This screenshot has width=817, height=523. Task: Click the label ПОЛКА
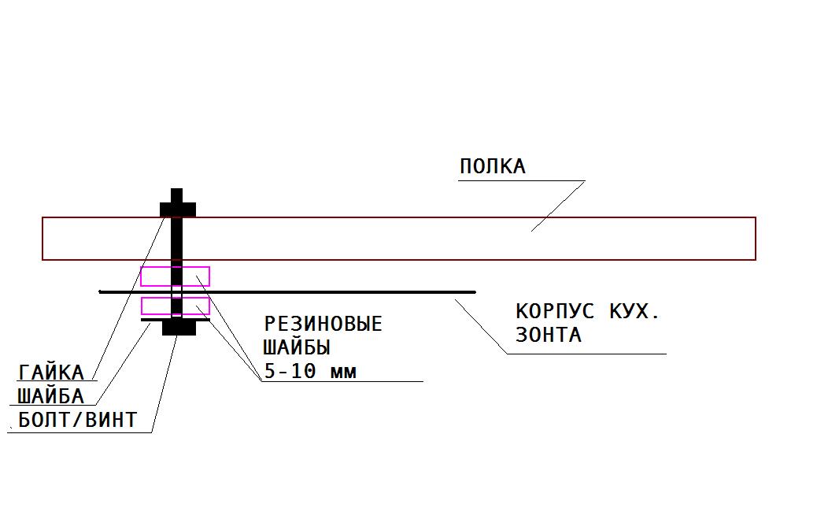(493, 166)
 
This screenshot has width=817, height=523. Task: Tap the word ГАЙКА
(51, 373)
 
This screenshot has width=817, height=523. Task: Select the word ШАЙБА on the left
(50, 396)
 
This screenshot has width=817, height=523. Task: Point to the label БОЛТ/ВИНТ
(78, 420)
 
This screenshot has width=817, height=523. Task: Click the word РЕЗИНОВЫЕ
(323, 324)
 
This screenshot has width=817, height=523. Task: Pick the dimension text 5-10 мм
(310, 371)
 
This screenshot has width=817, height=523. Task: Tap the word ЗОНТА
(548, 335)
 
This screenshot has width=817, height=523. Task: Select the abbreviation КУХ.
(634, 311)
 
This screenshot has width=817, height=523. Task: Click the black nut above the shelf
(178, 210)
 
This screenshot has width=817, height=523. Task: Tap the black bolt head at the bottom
(179, 328)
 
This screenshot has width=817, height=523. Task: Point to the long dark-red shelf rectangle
(398, 217)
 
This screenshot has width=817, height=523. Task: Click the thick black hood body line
(287, 292)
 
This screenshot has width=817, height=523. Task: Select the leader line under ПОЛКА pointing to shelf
(558, 206)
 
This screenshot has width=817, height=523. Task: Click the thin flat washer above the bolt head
(176, 319)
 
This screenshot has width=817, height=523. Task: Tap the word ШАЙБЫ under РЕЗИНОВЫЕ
(297, 347)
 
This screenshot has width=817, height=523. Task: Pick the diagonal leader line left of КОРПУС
(481, 326)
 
